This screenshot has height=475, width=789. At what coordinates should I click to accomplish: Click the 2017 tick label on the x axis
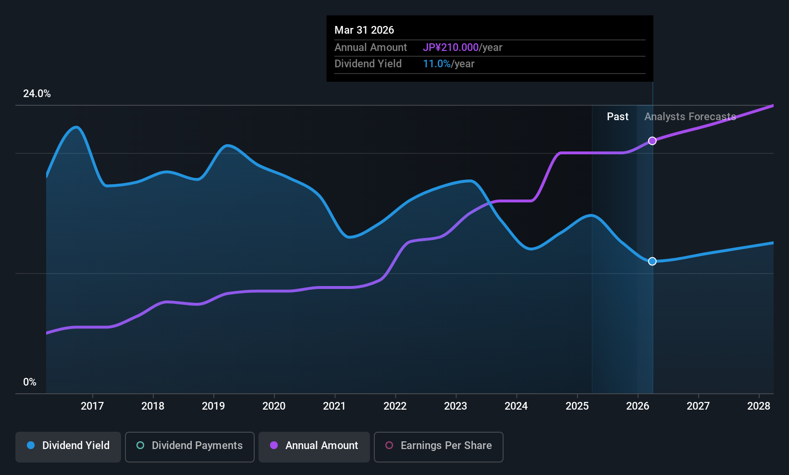[92, 406]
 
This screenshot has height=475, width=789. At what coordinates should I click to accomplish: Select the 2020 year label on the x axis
[274, 406]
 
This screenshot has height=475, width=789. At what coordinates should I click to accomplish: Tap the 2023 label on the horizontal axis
[456, 406]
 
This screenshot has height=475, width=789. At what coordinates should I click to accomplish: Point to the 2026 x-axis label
[638, 406]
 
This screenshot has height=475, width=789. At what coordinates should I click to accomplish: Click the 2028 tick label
[759, 406]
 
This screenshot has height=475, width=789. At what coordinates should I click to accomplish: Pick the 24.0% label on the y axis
[37, 93]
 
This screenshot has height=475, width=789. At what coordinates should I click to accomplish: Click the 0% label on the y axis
[30, 382]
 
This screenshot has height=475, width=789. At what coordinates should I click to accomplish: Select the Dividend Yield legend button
[68, 447]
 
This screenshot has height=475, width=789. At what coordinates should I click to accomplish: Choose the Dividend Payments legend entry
[189, 447]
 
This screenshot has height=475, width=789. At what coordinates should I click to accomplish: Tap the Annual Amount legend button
[314, 447]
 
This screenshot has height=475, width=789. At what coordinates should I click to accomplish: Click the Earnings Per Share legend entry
[439, 447]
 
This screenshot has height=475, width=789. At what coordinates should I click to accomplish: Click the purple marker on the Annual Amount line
[653, 141]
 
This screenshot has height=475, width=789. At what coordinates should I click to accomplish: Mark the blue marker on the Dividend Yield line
[653, 261]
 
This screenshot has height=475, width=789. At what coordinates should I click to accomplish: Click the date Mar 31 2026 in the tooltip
[364, 30]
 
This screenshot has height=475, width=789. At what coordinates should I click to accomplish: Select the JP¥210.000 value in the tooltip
[451, 47]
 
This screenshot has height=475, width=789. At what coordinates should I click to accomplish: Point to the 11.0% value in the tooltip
[437, 64]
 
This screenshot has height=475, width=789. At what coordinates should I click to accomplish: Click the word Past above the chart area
[617, 117]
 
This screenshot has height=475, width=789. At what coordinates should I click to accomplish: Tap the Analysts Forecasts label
[690, 117]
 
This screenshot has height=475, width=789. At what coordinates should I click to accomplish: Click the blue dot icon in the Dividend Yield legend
[31, 445]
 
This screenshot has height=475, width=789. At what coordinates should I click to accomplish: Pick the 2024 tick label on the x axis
[517, 406]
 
